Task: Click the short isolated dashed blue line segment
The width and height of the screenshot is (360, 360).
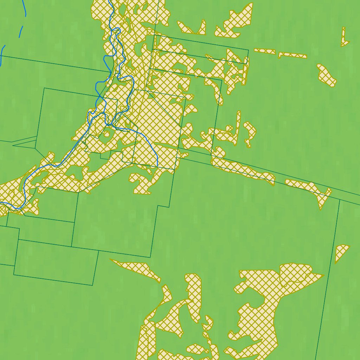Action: point(21,31)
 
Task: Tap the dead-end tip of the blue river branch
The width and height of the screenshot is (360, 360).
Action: point(157,166)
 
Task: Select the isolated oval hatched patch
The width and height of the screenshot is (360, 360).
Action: point(327,76)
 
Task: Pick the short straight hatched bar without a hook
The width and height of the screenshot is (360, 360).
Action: point(265,51)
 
